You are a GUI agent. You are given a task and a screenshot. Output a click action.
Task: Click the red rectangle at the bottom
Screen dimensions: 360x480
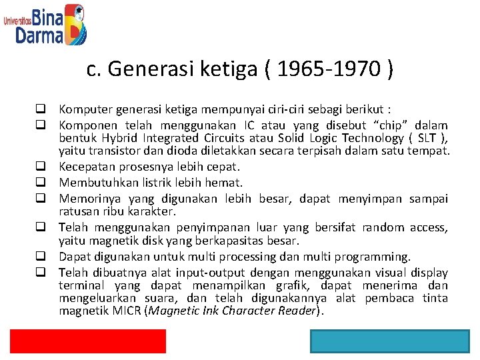[x=87, y=341]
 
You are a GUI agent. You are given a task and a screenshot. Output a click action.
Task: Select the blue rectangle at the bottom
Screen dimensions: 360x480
[x=389, y=341]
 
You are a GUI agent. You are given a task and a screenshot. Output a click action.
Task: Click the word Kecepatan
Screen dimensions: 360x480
[x=86, y=167]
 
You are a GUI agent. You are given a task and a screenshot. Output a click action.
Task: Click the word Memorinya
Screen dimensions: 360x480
[x=85, y=198]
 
